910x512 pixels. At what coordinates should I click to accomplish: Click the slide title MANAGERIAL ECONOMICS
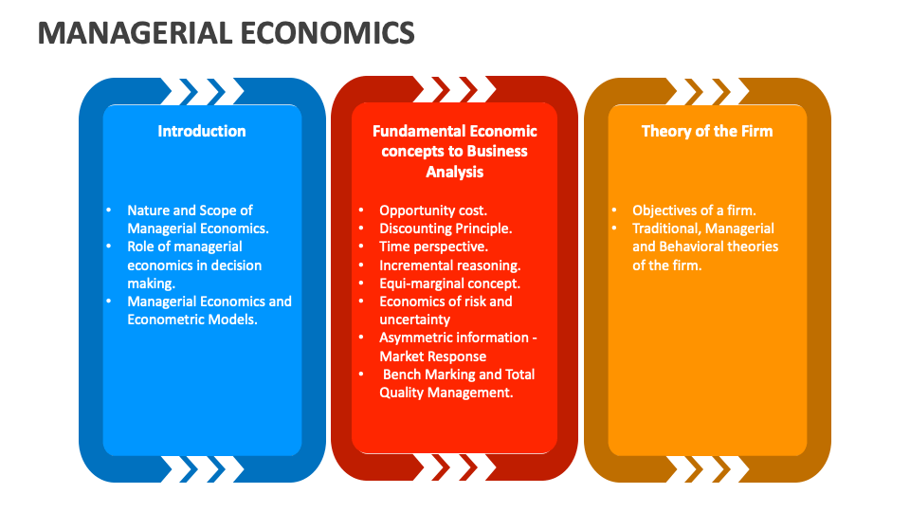227,32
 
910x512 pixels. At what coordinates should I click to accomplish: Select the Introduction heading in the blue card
202,131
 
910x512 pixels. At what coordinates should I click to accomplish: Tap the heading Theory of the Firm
707,131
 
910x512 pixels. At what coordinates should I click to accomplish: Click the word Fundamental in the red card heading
412,131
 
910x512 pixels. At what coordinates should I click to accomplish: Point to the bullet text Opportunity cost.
433,210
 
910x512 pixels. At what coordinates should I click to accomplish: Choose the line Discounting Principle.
446,229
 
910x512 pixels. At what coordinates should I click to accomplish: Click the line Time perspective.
433,247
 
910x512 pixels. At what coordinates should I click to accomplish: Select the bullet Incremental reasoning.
449,265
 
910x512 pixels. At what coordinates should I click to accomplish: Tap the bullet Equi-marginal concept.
449,283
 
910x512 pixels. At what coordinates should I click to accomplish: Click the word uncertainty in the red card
415,320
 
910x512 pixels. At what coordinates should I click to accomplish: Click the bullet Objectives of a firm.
694,210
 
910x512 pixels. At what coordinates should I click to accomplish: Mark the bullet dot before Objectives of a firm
614,210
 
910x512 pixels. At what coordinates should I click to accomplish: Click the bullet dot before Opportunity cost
361,210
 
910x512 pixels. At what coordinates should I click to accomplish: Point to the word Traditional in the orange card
666,229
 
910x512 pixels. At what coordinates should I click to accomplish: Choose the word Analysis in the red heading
454,173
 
